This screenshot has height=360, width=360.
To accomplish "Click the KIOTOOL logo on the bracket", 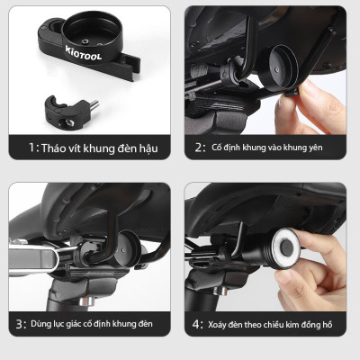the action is pos(84,53).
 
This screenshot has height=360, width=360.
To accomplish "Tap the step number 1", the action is pos(31,148).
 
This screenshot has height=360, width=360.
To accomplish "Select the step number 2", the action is pos(199,148).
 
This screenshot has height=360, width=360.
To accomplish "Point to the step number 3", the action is pos(20,324).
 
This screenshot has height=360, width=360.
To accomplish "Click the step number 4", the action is pos(196,324).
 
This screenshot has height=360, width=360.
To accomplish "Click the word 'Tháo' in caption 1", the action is pos(50,148).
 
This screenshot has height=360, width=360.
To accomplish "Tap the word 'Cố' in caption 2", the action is pos(217,147).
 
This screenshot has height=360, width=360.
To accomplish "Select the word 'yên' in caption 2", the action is pos(316,148).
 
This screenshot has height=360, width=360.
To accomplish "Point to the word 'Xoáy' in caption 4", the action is pos(217,325).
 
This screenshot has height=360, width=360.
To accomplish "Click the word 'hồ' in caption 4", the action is pos(327,324).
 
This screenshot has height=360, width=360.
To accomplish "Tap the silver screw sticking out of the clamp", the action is pos(94,104).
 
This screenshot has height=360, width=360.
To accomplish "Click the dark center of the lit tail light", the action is pos(287,247).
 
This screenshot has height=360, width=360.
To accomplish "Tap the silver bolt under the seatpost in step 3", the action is pos(85,301).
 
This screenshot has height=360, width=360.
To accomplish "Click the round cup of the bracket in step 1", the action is pos(93,34).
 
